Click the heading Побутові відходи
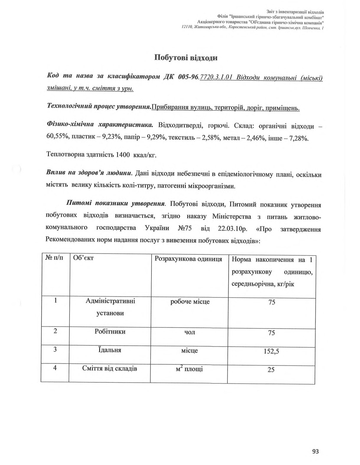pyautogui.click(x=186, y=57)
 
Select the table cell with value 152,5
pyautogui.click(x=271, y=352)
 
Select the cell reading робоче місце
pyautogui.click(x=190, y=302)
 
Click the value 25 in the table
pyautogui.click(x=271, y=370)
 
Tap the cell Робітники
pyautogui.click(x=110, y=331)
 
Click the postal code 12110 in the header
pyautogui.click(x=187, y=27)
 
